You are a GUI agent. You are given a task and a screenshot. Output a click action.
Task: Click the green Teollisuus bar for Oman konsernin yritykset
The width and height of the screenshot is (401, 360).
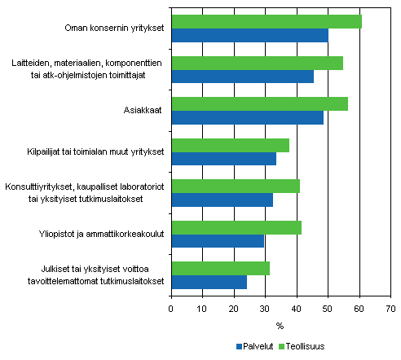266,22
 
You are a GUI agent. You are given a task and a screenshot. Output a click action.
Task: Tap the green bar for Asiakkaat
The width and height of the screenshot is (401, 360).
259,104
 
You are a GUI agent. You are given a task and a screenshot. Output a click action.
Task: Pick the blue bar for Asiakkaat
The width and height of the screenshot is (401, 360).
247,118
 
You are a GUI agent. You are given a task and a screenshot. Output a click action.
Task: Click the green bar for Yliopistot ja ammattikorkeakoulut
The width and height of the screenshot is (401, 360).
236,227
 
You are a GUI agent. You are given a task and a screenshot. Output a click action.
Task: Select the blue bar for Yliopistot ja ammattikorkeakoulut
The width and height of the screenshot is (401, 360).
218,241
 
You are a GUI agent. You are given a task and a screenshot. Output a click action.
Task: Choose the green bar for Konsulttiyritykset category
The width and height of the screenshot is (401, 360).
236,187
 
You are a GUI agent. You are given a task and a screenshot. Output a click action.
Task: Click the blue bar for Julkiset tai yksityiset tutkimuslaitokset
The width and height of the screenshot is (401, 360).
209,282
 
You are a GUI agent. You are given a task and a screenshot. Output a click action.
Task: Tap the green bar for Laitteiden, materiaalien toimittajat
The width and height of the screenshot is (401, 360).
257,63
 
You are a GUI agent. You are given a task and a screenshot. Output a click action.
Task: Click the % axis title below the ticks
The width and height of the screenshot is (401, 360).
280,327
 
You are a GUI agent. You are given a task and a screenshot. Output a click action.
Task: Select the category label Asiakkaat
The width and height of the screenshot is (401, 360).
144,111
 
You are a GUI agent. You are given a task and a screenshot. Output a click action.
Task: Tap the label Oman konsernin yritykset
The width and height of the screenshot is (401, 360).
115,29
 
